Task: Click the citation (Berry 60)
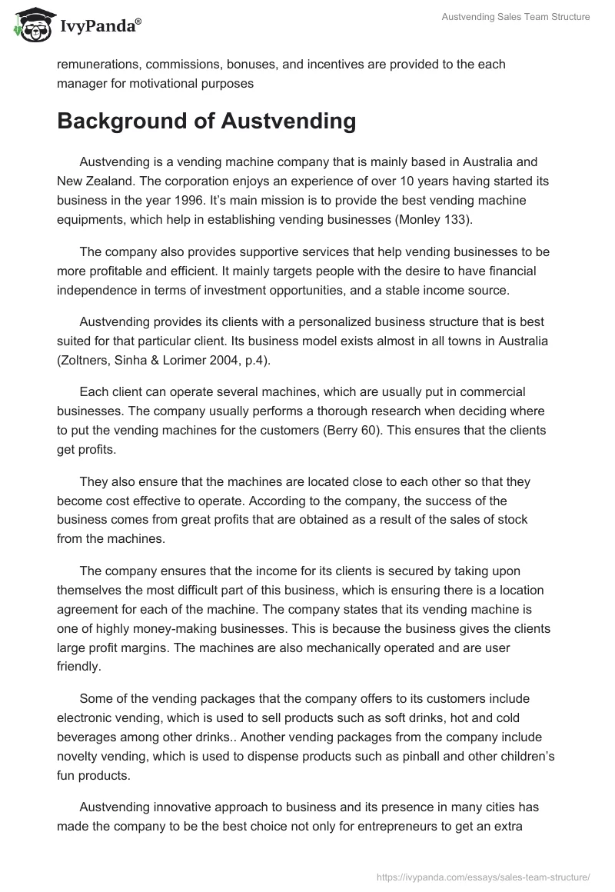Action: tap(417, 411)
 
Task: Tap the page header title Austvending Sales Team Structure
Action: tap(516, 18)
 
